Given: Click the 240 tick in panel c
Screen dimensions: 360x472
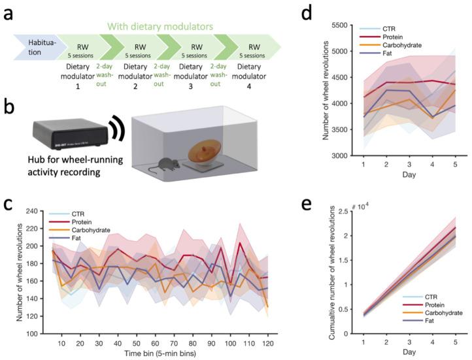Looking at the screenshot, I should [33, 210].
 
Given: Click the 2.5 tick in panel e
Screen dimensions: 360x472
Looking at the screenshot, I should [352, 212].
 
